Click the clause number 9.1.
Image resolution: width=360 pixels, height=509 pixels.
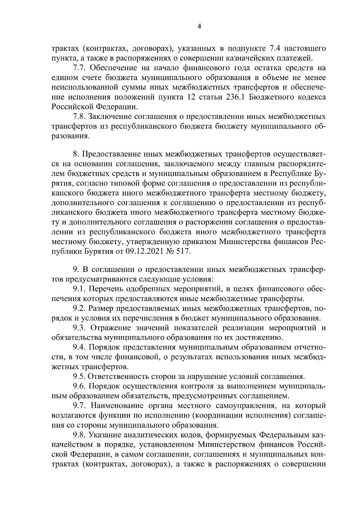click(79, 289)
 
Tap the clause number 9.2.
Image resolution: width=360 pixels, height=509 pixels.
click(79, 308)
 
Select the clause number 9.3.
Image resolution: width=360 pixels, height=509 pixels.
click(79, 328)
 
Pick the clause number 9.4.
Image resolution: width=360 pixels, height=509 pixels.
click(79, 347)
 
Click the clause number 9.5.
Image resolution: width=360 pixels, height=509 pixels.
click(79, 377)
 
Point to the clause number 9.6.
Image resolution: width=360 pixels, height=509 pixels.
click(79, 386)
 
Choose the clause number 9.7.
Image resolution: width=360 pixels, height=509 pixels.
click(79, 406)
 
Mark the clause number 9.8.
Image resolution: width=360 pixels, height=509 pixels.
click(79, 435)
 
